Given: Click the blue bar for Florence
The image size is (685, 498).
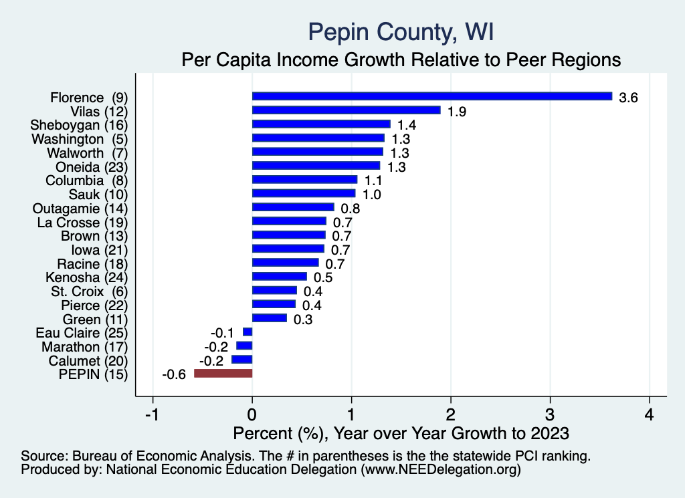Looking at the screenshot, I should [x=431, y=96].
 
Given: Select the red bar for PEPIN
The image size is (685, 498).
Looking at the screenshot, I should [x=223, y=373].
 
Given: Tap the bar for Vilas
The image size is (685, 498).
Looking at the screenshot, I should [x=346, y=110].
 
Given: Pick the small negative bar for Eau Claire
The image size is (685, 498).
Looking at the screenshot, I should [x=248, y=332].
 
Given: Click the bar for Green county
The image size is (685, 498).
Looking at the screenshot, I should [x=270, y=318].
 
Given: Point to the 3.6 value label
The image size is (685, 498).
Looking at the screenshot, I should [x=629, y=98].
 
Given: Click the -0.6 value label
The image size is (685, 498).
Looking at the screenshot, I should [x=173, y=374].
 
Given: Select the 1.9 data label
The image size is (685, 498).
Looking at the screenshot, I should [x=457, y=112].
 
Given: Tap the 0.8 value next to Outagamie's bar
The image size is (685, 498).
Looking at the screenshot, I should [x=350, y=209].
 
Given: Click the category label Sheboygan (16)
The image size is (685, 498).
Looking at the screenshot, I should [x=79, y=125].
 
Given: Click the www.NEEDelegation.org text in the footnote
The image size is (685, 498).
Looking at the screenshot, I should [x=442, y=470].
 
